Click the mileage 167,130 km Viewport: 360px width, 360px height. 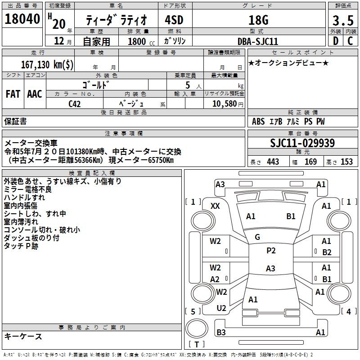click(47, 64)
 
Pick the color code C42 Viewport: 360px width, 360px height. click(75, 104)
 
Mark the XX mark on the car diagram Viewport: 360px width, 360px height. click(215, 206)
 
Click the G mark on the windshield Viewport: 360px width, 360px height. click(257, 237)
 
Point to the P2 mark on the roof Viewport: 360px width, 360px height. click(271, 251)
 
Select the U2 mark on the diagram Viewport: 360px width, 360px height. click(221, 308)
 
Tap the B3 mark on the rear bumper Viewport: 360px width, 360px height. click(221, 332)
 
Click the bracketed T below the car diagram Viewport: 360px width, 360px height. click(197, 344)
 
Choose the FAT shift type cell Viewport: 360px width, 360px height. click(13, 94)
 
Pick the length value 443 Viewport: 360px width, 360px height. click(273, 162)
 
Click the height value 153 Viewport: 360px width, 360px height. click(346, 162)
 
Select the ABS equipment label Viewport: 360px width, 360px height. click(258, 121)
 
